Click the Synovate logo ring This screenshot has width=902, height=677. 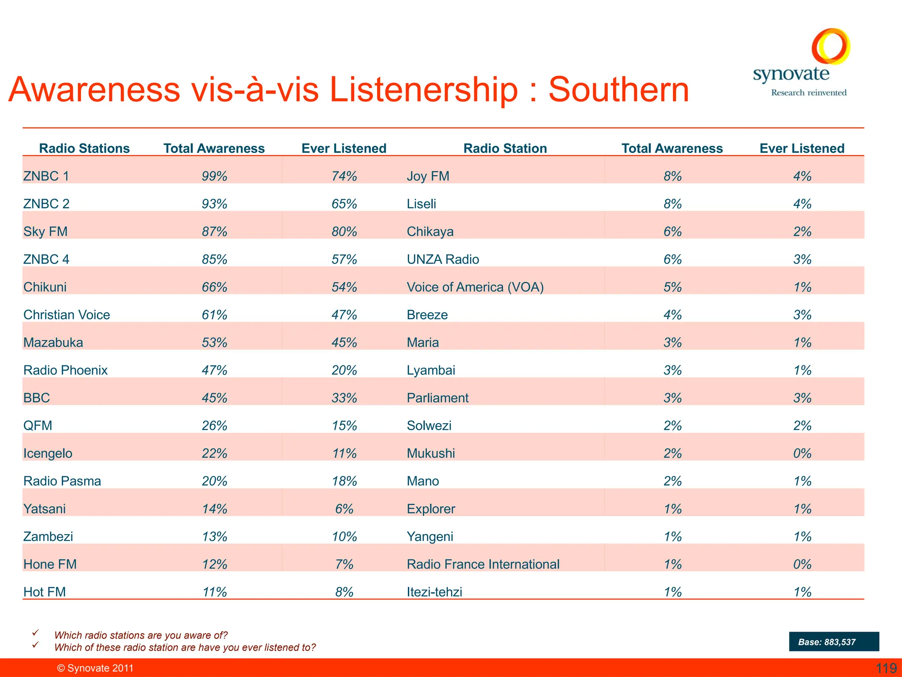coord(831,46)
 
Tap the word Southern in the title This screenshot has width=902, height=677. coord(618,90)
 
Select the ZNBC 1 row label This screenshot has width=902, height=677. coord(46,176)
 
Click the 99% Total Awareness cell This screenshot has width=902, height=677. coord(214,176)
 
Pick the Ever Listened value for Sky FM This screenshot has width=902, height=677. coord(344,232)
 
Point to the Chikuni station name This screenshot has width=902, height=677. coord(45,287)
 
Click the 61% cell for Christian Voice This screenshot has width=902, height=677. coord(214,315)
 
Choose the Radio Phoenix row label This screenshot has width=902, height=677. coord(65,370)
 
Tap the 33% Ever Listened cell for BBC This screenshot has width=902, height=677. coord(344,398)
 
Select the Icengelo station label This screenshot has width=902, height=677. coord(48,454)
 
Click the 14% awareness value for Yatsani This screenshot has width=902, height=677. coord(214,509)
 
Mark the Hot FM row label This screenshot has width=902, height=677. coord(44,592)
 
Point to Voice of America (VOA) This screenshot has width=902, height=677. coord(475,287)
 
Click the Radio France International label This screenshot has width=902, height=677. coord(483,565)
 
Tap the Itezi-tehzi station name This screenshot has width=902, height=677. coord(434,592)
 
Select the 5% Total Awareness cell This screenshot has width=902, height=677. coord(673,287)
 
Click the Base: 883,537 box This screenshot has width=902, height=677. coord(834,642)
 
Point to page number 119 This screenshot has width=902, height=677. coord(886,668)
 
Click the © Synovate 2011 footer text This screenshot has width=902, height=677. coord(95,668)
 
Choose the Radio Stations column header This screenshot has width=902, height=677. coord(84,149)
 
